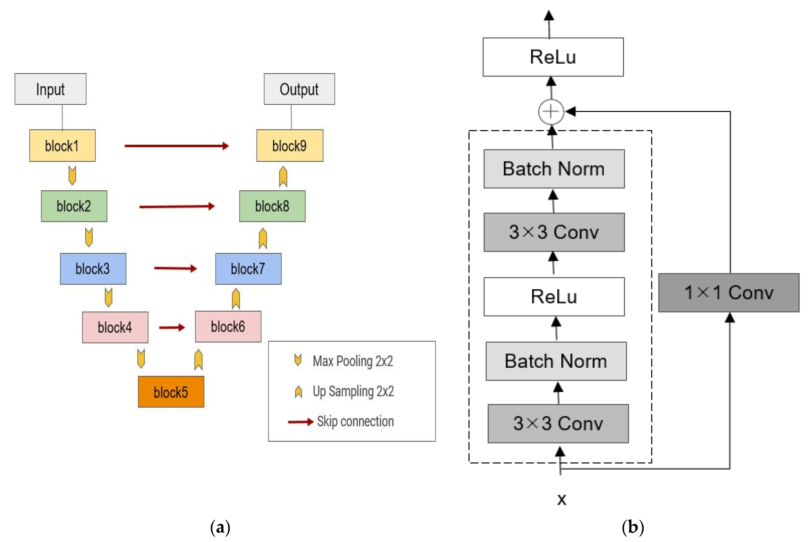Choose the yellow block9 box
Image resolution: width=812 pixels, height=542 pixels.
click(290, 146)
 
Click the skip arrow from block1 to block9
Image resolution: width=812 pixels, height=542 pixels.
click(176, 146)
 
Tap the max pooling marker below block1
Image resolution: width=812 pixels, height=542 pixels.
click(72, 175)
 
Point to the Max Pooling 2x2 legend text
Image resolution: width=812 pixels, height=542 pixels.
click(353, 361)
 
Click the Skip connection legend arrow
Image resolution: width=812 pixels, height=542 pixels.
click(300, 422)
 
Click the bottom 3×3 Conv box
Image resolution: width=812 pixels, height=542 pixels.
click(558, 423)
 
